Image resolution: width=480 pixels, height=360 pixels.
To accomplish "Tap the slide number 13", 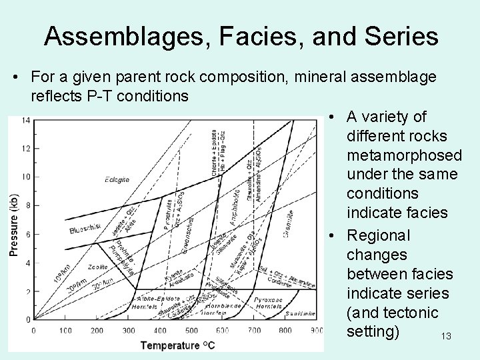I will (x=446, y=337).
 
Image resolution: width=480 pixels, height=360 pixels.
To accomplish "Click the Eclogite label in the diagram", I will (x=117, y=179).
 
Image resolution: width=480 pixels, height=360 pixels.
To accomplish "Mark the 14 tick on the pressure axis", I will (x=26, y=120).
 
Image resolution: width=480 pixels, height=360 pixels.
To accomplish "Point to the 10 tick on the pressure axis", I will (x=26, y=177).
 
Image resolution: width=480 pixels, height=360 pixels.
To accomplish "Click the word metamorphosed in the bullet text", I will (x=404, y=155).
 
